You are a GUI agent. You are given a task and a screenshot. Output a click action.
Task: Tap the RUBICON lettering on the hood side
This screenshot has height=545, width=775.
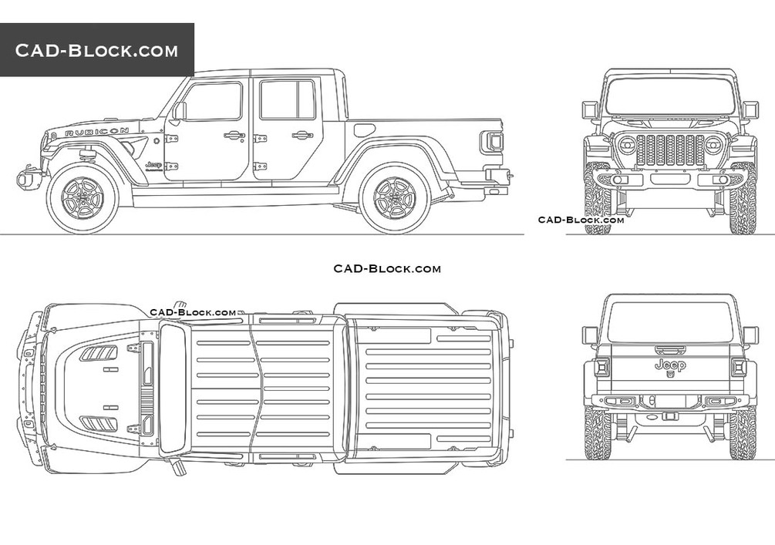tap(97, 132)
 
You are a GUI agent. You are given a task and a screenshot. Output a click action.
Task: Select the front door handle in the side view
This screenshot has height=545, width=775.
tap(234, 136)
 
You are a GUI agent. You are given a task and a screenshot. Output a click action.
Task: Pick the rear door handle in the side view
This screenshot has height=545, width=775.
tap(302, 136)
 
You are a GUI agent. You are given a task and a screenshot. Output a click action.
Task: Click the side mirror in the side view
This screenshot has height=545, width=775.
tap(179, 111)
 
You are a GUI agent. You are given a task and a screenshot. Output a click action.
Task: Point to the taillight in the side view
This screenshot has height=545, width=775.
tap(493, 142)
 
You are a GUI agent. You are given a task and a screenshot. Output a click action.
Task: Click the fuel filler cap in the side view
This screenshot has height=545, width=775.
tap(364, 130)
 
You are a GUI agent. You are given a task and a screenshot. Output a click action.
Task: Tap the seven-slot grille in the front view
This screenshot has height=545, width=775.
tap(669, 150)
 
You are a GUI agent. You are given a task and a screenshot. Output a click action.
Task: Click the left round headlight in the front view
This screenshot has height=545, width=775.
tap(626, 145)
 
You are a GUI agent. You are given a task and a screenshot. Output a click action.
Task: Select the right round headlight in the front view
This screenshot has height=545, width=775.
tap(713, 145)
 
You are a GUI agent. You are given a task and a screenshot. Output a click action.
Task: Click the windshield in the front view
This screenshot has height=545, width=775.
tap(669, 96)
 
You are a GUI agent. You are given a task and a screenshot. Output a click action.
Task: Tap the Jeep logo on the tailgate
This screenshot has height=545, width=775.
tap(669, 365)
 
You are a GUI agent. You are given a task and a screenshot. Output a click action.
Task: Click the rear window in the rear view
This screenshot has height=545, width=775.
tap(669, 322)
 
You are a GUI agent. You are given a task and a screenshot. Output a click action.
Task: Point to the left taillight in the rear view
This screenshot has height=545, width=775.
tap(601, 367)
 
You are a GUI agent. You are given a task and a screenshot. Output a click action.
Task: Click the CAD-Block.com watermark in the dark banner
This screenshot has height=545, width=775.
tap(96, 51)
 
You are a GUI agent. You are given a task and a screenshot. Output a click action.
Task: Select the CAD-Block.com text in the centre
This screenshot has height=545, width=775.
tap(387, 268)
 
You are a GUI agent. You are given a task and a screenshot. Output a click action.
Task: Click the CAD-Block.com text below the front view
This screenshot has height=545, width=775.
tap(581, 220)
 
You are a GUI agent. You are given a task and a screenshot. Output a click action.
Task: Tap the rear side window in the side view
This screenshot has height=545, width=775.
tap(287, 99)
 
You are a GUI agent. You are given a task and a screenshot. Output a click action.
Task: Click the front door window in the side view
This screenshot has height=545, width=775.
tap(213, 101)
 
